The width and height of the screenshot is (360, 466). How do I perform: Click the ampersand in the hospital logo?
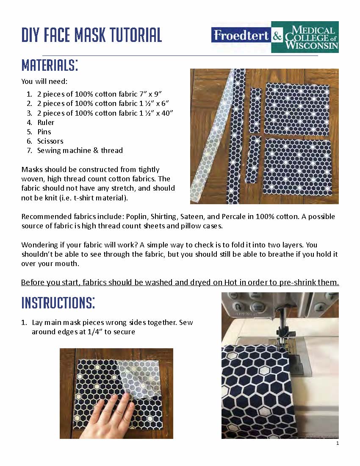(277, 37)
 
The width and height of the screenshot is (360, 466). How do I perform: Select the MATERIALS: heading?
(50, 66)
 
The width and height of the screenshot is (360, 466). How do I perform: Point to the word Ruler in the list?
(46, 122)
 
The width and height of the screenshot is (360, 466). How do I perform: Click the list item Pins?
(44, 132)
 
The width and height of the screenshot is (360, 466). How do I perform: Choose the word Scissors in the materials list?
(50, 141)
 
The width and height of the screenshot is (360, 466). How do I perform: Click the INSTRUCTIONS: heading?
(58, 303)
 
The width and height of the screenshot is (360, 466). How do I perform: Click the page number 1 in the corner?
(338, 444)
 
